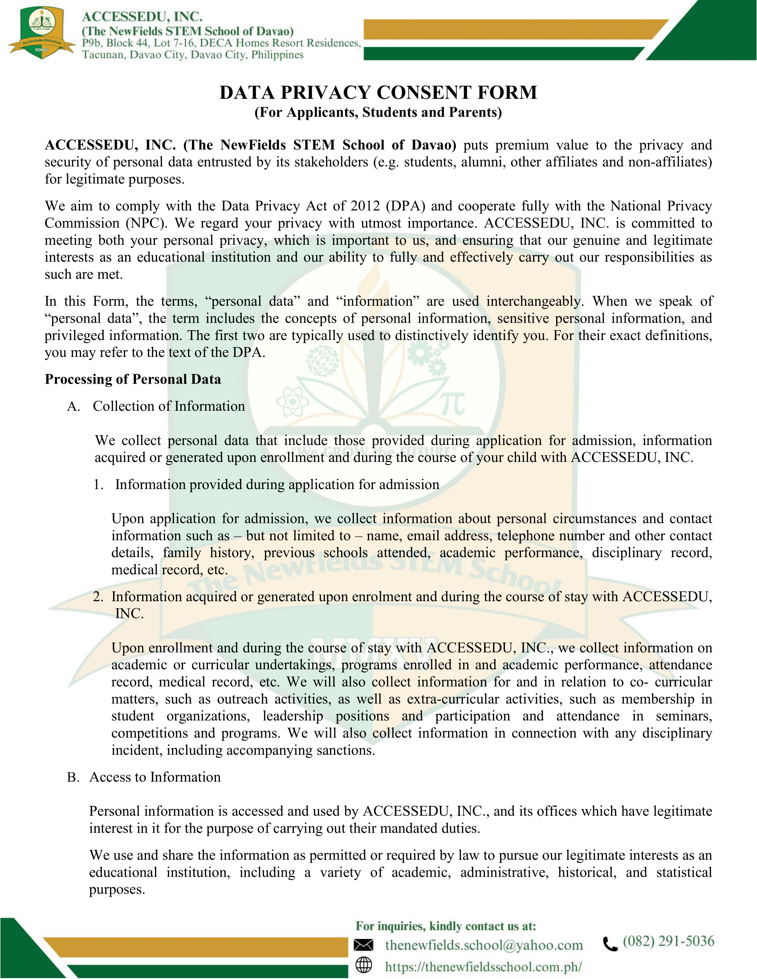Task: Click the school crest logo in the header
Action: tap(42, 32)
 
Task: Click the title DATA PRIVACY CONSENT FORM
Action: tap(378, 93)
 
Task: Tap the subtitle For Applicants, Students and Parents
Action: tap(378, 112)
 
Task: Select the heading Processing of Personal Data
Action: tap(133, 379)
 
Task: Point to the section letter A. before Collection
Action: tap(73, 406)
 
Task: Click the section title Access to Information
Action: tap(155, 777)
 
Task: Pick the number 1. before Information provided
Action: tap(99, 485)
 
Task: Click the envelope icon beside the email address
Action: tap(363, 945)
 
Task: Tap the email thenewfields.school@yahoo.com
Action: tap(484, 945)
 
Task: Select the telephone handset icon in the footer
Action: tap(610, 944)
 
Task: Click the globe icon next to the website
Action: tap(363, 965)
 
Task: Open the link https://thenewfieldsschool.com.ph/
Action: tap(484, 966)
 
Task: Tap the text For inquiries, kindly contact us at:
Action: tap(446, 926)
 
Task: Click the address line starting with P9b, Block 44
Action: tap(221, 43)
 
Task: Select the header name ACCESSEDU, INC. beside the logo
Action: tap(142, 16)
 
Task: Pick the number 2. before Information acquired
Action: tap(99, 597)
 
